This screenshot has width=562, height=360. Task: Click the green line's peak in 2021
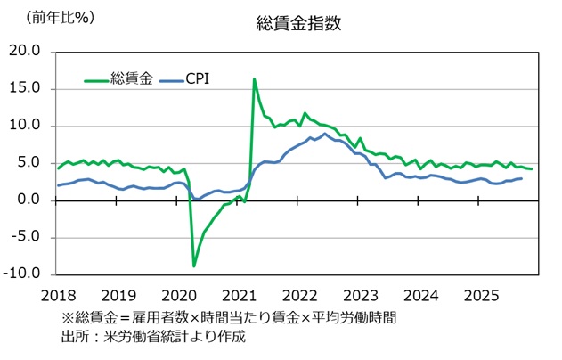(x=255, y=79)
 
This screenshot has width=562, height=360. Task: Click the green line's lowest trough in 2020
(x=194, y=266)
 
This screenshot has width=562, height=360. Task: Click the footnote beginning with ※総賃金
(x=229, y=317)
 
